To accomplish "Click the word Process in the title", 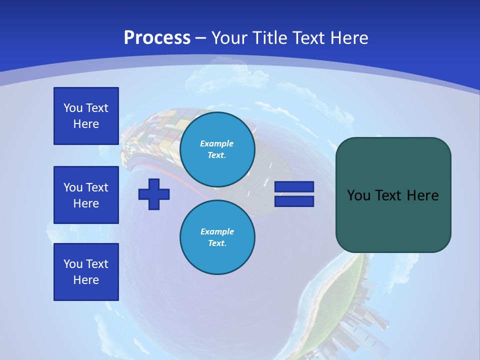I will coord(157,37).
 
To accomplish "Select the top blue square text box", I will coord(86,116).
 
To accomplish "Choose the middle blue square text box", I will coord(86,195).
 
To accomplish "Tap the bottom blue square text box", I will coord(86,272).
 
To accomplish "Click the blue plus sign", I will coord(154,194).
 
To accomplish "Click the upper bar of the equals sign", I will coord(294,186).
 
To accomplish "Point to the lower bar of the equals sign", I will coord(294,201).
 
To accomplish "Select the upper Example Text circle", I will coord(217,149).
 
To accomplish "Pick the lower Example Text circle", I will coord(217,237).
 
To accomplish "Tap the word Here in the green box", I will coord(423,195).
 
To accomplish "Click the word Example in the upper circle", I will coord(216,143).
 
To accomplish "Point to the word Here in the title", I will coord(348,38).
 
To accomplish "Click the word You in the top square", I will coord(73,108).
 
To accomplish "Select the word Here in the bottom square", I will coord(86,280).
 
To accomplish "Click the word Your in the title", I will coord(228,38).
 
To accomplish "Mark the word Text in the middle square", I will coord(97,187).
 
